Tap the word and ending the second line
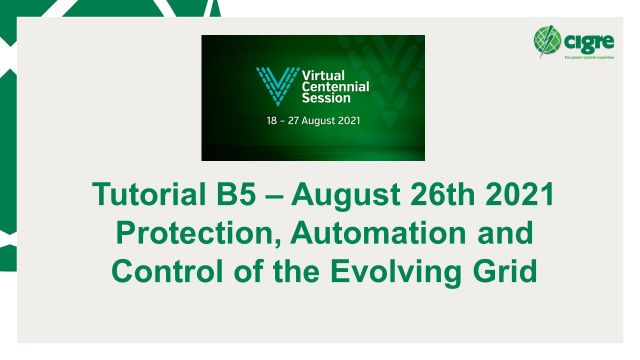(499, 233)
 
